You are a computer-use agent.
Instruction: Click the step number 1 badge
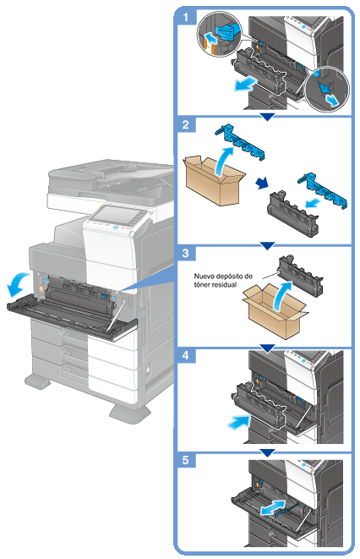point(185,17)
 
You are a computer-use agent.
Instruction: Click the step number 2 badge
point(186,125)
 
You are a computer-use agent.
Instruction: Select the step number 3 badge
point(186,254)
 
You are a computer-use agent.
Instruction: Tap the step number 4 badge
point(186,355)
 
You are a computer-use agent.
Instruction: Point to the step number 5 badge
point(186,460)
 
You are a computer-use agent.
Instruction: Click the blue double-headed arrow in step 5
point(273,507)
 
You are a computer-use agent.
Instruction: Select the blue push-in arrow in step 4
point(238,421)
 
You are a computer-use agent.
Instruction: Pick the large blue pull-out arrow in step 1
point(245,84)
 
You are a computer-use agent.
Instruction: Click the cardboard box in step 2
point(214,180)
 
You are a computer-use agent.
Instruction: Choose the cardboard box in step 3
point(275,312)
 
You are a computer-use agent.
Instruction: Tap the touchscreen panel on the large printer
point(115,216)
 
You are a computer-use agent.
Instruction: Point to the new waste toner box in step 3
point(300,275)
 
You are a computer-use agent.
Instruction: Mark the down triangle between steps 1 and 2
point(267,117)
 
